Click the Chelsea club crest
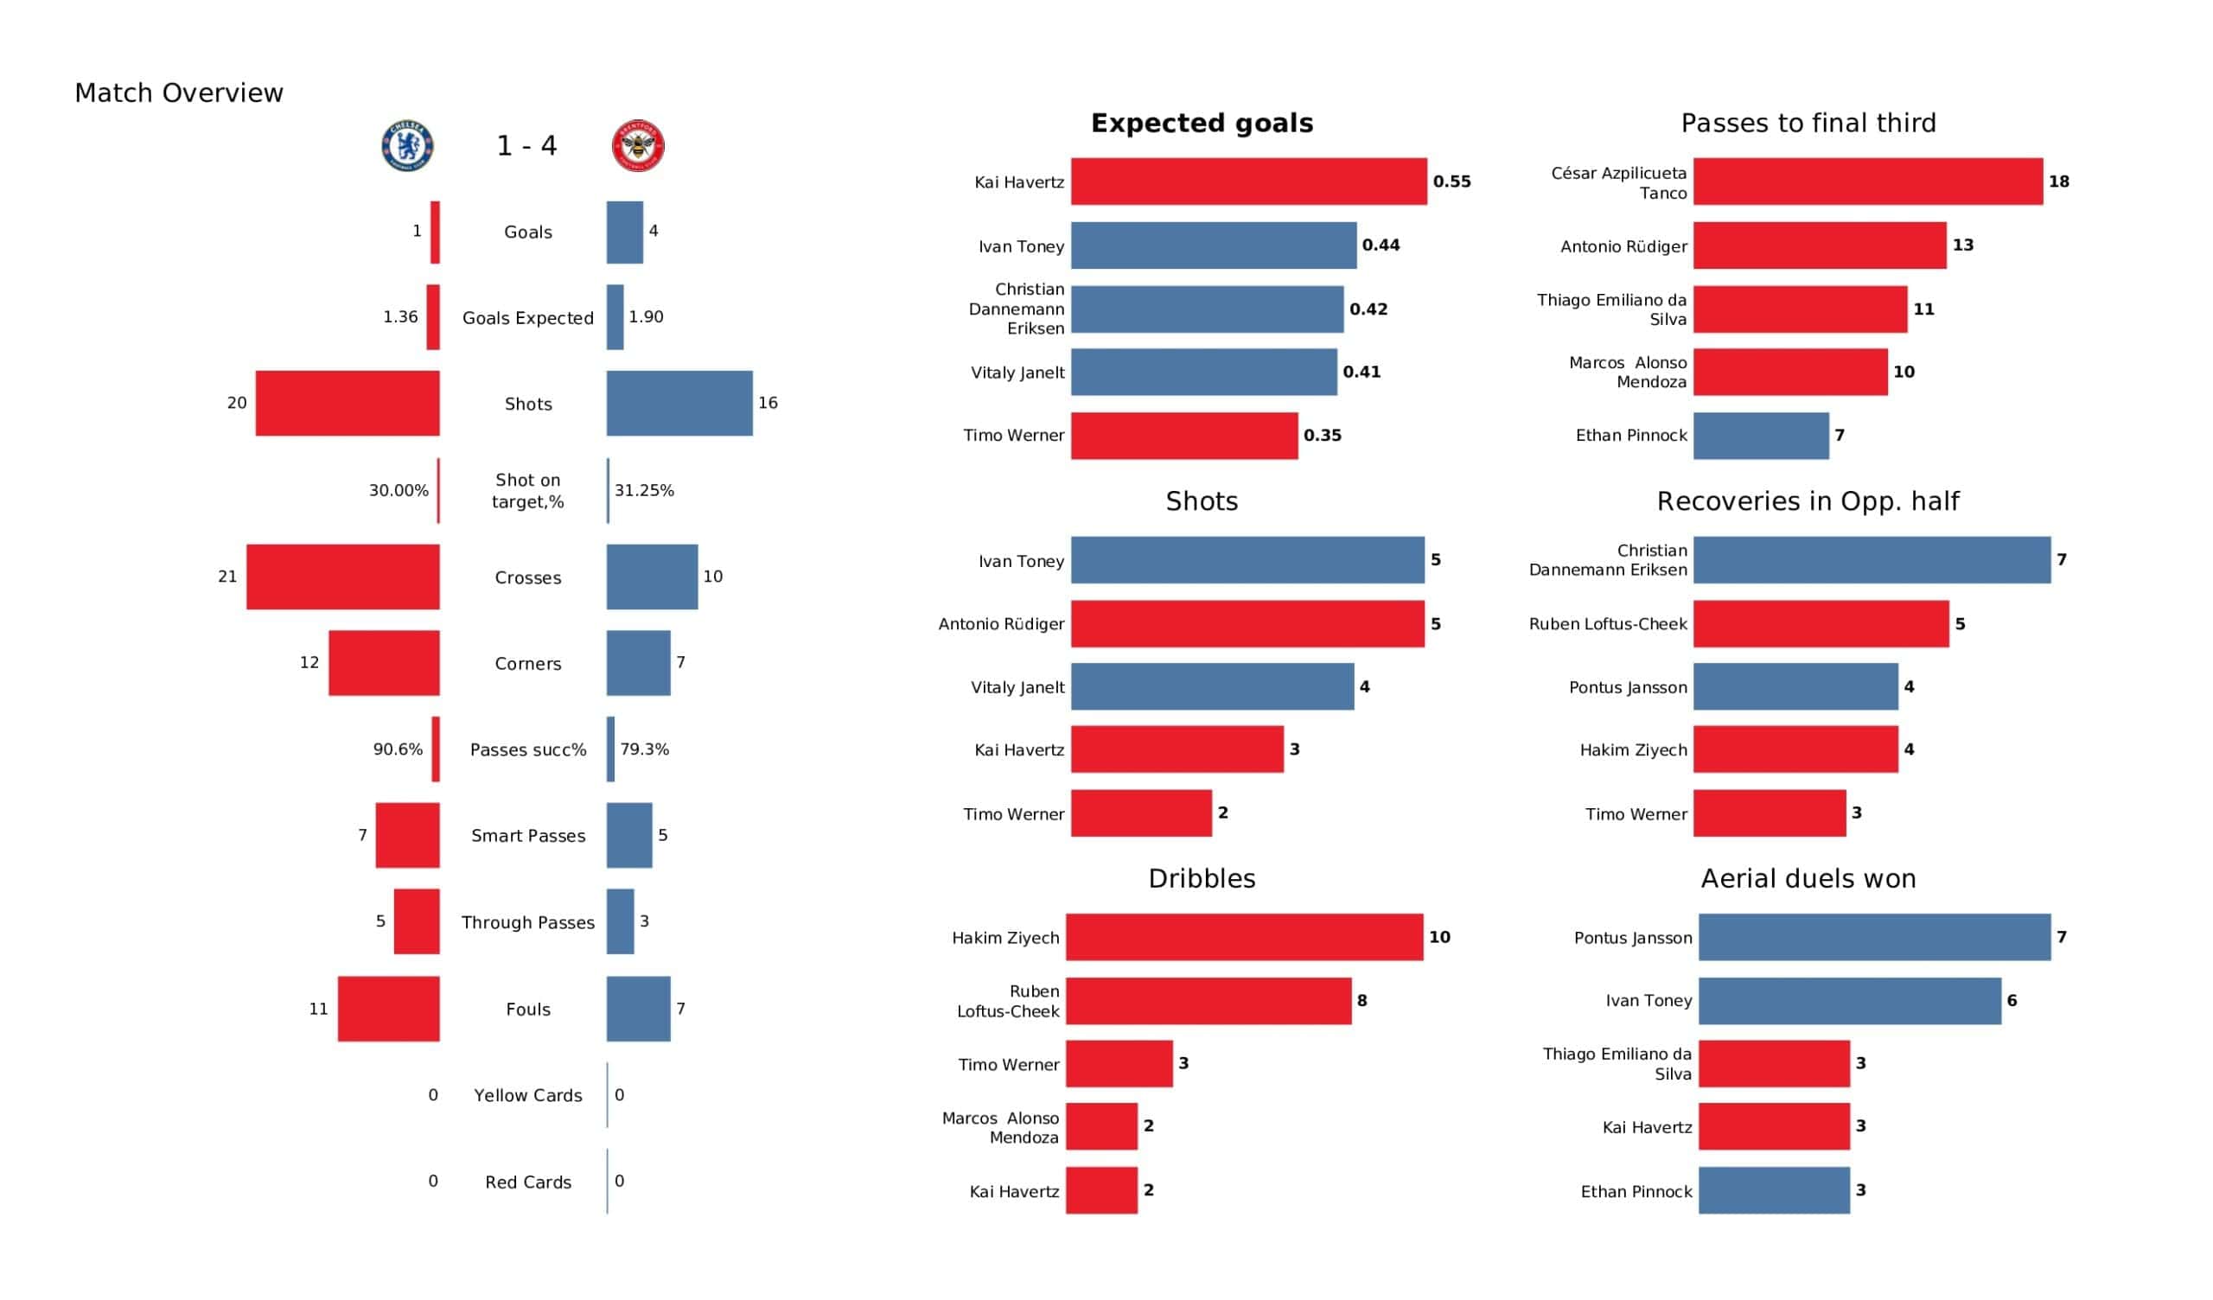coord(407,146)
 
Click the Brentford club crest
coord(638,146)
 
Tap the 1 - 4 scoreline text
coord(526,146)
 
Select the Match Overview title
coord(179,93)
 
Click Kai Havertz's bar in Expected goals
coord(1248,182)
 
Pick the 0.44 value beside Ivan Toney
coord(1381,245)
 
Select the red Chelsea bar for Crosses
coord(342,577)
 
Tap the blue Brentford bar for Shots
coord(679,403)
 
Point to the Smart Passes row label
coord(528,836)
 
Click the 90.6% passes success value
coord(398,749)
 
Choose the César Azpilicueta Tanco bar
coord(1868,182)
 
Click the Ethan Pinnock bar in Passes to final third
coord(1761,436)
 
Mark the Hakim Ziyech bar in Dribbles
coord(1243,937)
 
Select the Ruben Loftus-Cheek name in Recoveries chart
coord(1607,625)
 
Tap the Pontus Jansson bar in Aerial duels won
coord(1874,937)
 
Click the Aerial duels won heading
coord(1808,879)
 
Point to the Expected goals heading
coord(1202,123)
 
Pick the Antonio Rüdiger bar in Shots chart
coord(1247,625)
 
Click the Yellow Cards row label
coord(528,1096)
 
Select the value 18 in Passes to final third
coord(2058,182)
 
